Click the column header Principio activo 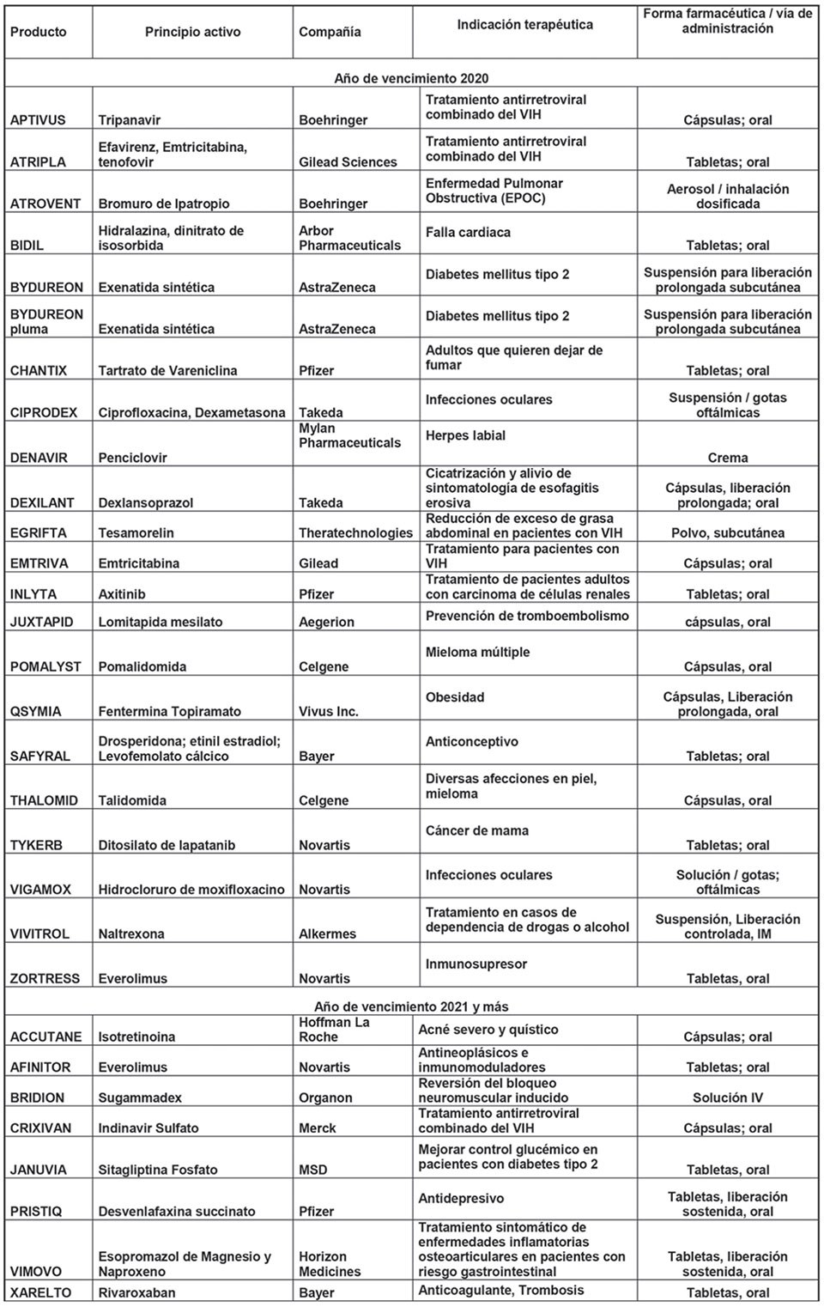coord(192,32)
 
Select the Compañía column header coord(330,32)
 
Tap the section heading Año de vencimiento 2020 coord(411,78)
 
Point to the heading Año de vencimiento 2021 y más coord(411,1006)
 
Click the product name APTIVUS coord(38,120)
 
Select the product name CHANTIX coord(39,371)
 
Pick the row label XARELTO coord(40,1292)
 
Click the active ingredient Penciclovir coord(132,458)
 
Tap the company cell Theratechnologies coord(355,533)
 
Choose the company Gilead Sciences coord(348,162)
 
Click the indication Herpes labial coord(465,435)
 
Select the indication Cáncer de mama coord(476,830)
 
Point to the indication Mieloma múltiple coord(477,652)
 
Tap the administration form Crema coord(727,458)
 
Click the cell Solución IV coord(727,1097)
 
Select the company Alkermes coord(327,934)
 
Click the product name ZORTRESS coord(45,979)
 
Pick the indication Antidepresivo coord(461,1198)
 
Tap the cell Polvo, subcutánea coord(727,533)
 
